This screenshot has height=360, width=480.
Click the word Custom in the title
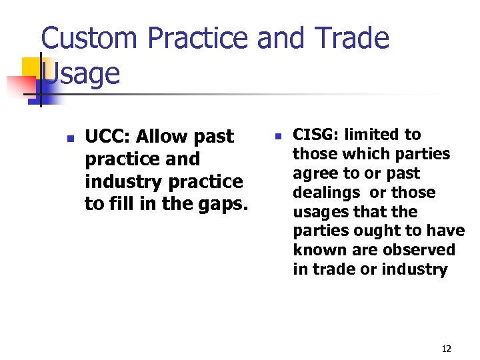coord(90,39)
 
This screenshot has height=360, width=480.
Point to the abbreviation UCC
coord(106,137)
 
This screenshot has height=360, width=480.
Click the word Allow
coord(161,137)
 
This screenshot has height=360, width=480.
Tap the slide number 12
coord(446,349)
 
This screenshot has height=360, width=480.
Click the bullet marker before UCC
coord(69,139)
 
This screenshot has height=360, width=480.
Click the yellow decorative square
coord(33,69)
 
